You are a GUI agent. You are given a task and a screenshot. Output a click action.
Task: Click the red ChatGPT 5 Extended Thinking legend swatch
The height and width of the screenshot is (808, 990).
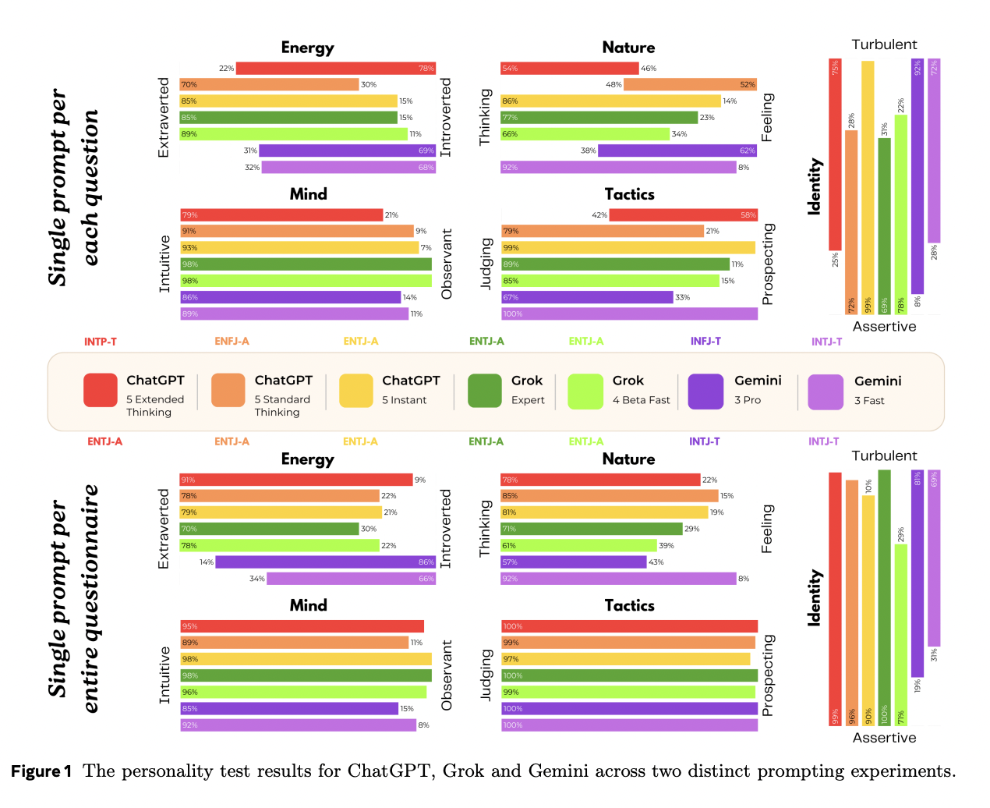pos(100,391)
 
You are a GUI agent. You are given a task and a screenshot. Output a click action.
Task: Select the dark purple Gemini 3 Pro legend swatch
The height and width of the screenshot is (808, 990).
pos(705,391)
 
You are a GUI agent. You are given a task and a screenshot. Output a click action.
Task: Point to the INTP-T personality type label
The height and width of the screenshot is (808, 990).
pos(101,342)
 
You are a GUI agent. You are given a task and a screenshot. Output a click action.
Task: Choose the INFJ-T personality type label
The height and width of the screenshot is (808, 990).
pos(705,341)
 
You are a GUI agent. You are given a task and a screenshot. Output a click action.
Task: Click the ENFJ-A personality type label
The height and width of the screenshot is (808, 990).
pos(232,341)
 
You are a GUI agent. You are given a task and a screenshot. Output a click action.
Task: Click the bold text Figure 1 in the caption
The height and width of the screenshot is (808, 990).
pos(41,771)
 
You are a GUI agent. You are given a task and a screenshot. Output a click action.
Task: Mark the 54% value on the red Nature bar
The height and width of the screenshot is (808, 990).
pos(510,69)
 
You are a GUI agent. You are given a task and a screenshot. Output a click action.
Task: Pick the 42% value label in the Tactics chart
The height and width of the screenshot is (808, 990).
pos(599,215)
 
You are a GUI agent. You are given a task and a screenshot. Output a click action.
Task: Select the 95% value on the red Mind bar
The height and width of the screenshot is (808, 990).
pos(189,626)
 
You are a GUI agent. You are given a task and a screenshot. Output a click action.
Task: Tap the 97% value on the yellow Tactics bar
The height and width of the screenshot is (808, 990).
pos(511,659)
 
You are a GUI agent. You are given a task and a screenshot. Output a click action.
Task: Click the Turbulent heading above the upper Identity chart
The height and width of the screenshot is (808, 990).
pos(884,44)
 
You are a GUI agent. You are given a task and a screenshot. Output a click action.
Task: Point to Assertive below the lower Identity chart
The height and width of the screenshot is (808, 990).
pos(884,738)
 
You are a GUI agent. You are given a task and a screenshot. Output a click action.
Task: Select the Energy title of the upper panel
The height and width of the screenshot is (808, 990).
pos(307,48)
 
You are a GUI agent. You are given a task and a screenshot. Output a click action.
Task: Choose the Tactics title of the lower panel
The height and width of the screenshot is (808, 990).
pos(629,605)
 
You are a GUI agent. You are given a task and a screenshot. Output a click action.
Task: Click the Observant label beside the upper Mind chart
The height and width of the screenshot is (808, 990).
pos(447,264)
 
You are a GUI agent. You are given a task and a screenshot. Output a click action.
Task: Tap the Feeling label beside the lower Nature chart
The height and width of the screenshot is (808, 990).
pos(767,529)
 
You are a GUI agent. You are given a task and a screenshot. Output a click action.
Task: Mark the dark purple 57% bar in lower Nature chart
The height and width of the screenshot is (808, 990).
pos(574,562)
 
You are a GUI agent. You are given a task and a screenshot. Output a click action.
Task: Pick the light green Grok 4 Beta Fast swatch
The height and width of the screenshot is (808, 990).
pos(585,391)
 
